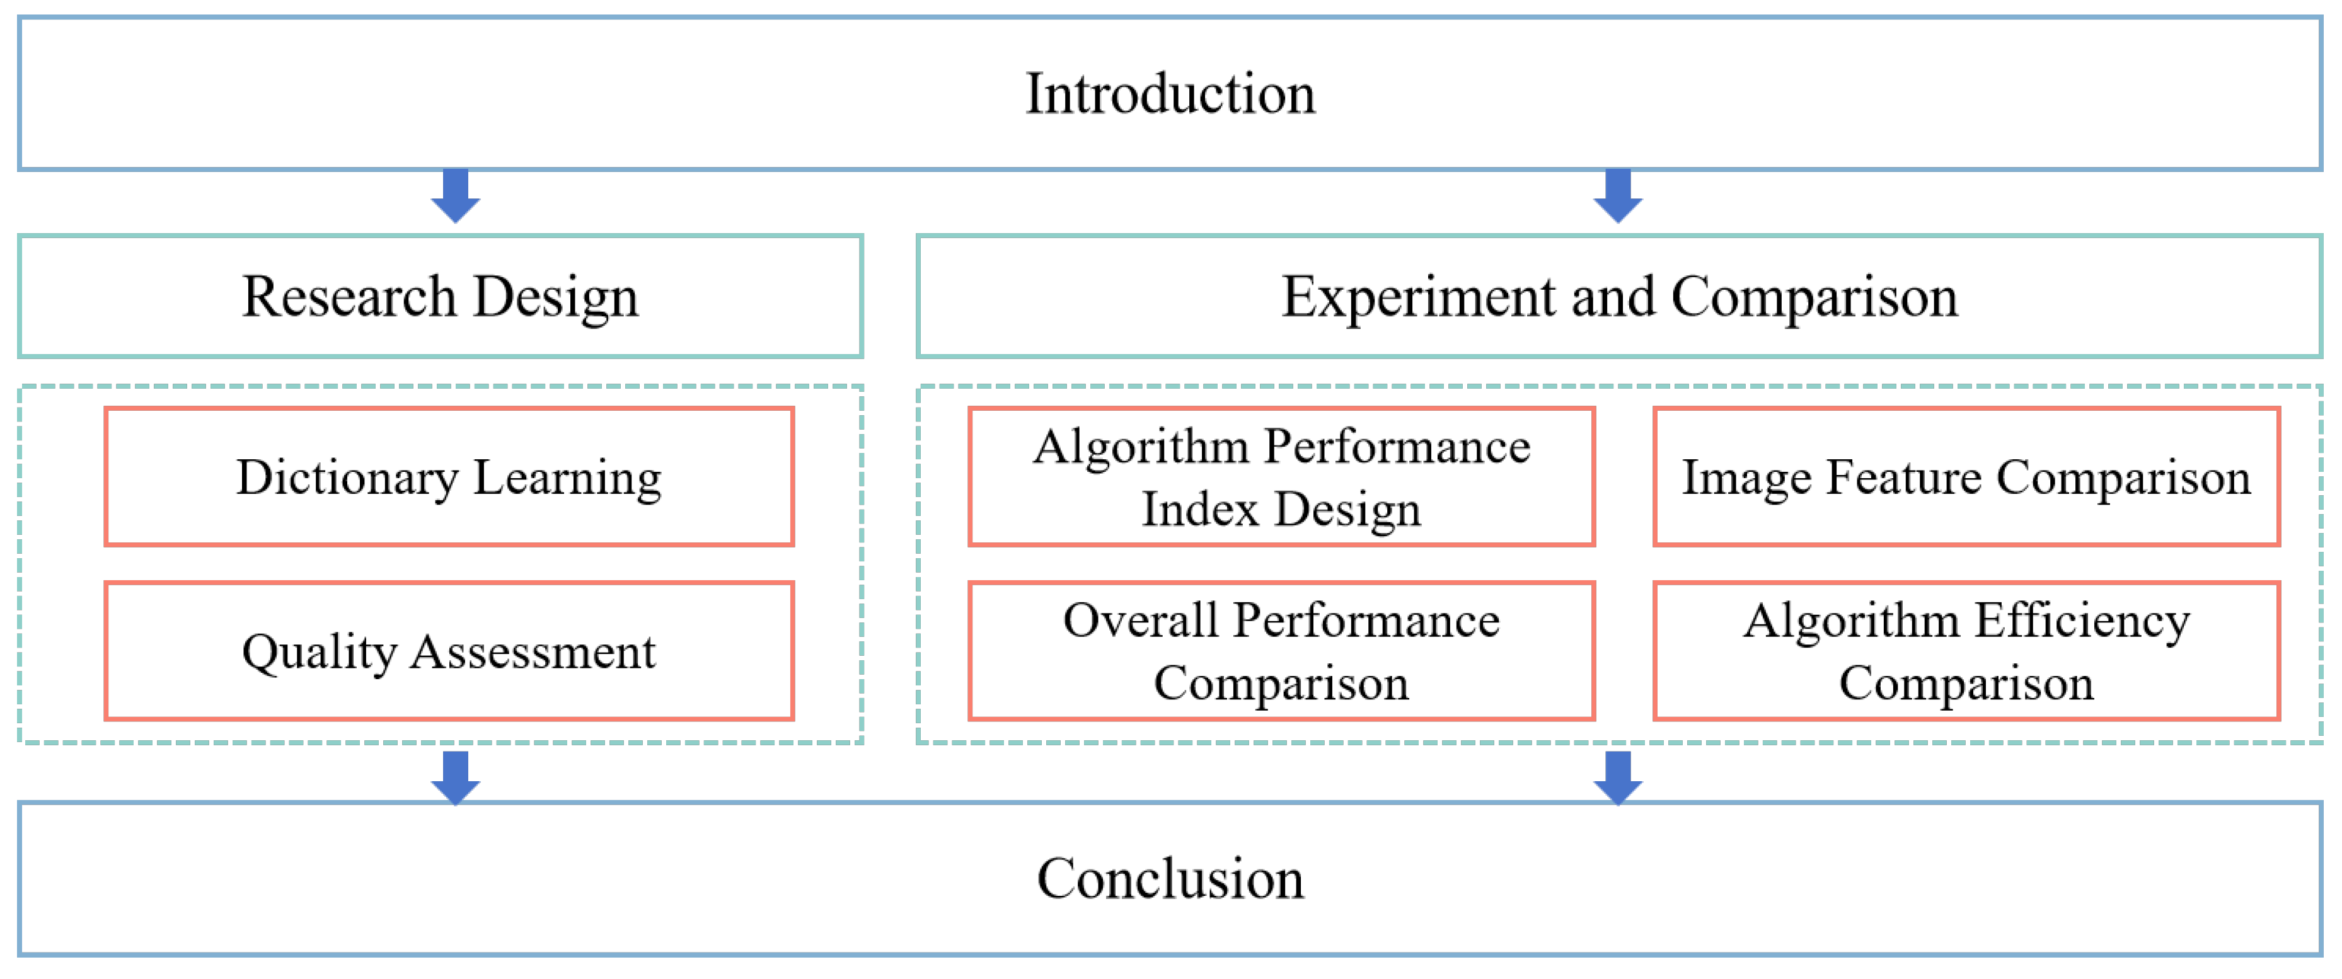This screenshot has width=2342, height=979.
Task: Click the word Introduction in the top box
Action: (x=1170, y=94)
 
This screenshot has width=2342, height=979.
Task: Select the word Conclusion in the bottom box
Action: (x=1170, y=878)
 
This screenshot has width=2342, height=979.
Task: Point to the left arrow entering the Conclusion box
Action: (x=456, y=778)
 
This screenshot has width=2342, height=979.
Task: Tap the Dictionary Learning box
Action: (x=449, y=476)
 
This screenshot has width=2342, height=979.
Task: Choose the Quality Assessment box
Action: (x=449, y=651)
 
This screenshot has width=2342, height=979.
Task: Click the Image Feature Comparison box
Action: (x=1966, y=476)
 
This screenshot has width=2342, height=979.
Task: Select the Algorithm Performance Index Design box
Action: (x=1281, y=476)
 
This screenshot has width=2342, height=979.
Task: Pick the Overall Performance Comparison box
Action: (x=1281, y=651)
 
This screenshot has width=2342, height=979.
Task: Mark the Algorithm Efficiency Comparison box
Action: (x=1966, y=651)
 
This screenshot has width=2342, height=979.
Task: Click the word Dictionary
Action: (x=347, y=478)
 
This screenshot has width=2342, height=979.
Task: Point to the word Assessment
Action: (x=532, y=652)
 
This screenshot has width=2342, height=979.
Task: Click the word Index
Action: (x=1200, y=509)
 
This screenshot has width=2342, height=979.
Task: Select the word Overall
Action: (x=1140, y=622)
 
